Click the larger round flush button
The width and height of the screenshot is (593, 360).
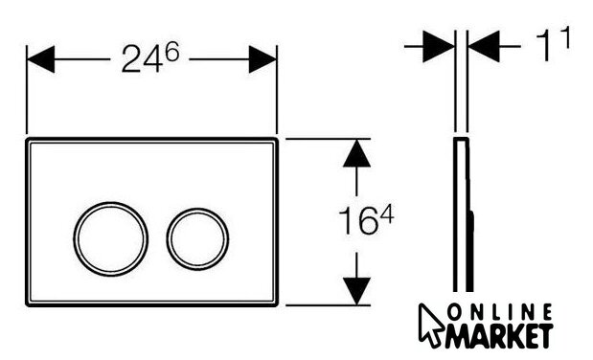111,203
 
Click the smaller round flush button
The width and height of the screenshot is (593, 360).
197,209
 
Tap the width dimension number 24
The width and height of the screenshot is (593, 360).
142,58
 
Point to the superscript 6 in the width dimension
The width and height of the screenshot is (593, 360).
171,52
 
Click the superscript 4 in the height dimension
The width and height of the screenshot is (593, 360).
387,215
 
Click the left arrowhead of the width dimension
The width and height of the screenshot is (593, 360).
41,59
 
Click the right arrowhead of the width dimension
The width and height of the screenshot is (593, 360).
262,59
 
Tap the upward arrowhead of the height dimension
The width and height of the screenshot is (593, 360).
356,153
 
